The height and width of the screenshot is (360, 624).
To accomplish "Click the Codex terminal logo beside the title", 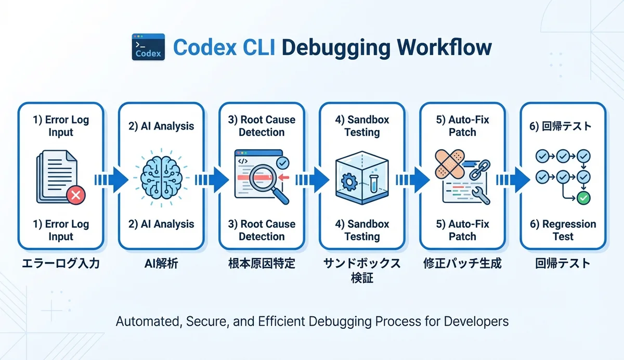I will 148,47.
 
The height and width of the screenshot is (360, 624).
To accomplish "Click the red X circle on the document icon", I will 75,196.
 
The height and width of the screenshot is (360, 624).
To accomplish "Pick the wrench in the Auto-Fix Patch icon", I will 479,196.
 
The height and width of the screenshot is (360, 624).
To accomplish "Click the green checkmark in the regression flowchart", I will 584,198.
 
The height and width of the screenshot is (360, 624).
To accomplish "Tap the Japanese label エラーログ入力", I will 61,264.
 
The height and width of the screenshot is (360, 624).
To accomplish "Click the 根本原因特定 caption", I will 262,264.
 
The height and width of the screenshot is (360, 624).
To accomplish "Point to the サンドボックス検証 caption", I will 362,271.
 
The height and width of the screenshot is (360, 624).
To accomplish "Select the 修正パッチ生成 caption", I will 462,264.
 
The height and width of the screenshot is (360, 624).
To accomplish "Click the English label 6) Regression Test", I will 563,230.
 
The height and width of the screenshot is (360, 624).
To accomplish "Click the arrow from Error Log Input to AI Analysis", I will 111,179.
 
